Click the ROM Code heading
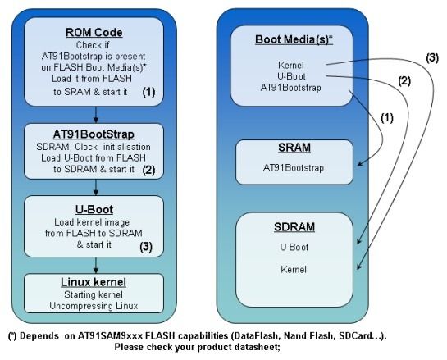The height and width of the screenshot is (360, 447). (94, 33)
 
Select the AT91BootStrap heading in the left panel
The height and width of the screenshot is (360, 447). (94, 134)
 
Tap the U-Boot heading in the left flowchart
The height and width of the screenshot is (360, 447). (94, 209)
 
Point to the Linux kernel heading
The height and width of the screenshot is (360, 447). (94, 282)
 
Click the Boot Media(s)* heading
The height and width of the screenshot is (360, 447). (294, 39)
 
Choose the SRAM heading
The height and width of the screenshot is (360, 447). (294, 148)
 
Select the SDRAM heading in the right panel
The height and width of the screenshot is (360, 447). (294, 227)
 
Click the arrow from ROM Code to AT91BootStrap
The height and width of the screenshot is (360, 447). (96, 115)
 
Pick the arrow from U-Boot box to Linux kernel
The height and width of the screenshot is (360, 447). (96, 266)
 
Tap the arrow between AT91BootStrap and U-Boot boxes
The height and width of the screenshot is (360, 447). (96, 187)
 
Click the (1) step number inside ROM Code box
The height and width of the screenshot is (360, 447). (148, 92)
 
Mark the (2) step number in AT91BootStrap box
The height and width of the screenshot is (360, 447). (148, 170)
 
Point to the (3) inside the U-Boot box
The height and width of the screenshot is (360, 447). (146, 246)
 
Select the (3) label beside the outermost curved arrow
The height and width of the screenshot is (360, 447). (432, 58)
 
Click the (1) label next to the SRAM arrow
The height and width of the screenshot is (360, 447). (387, 118)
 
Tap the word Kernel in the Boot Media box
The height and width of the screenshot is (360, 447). (291, 66)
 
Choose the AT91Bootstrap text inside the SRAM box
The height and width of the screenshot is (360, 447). (294, 168)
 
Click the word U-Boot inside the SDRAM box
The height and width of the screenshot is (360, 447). (294, 247)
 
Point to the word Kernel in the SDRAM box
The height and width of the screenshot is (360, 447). (294, 269)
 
